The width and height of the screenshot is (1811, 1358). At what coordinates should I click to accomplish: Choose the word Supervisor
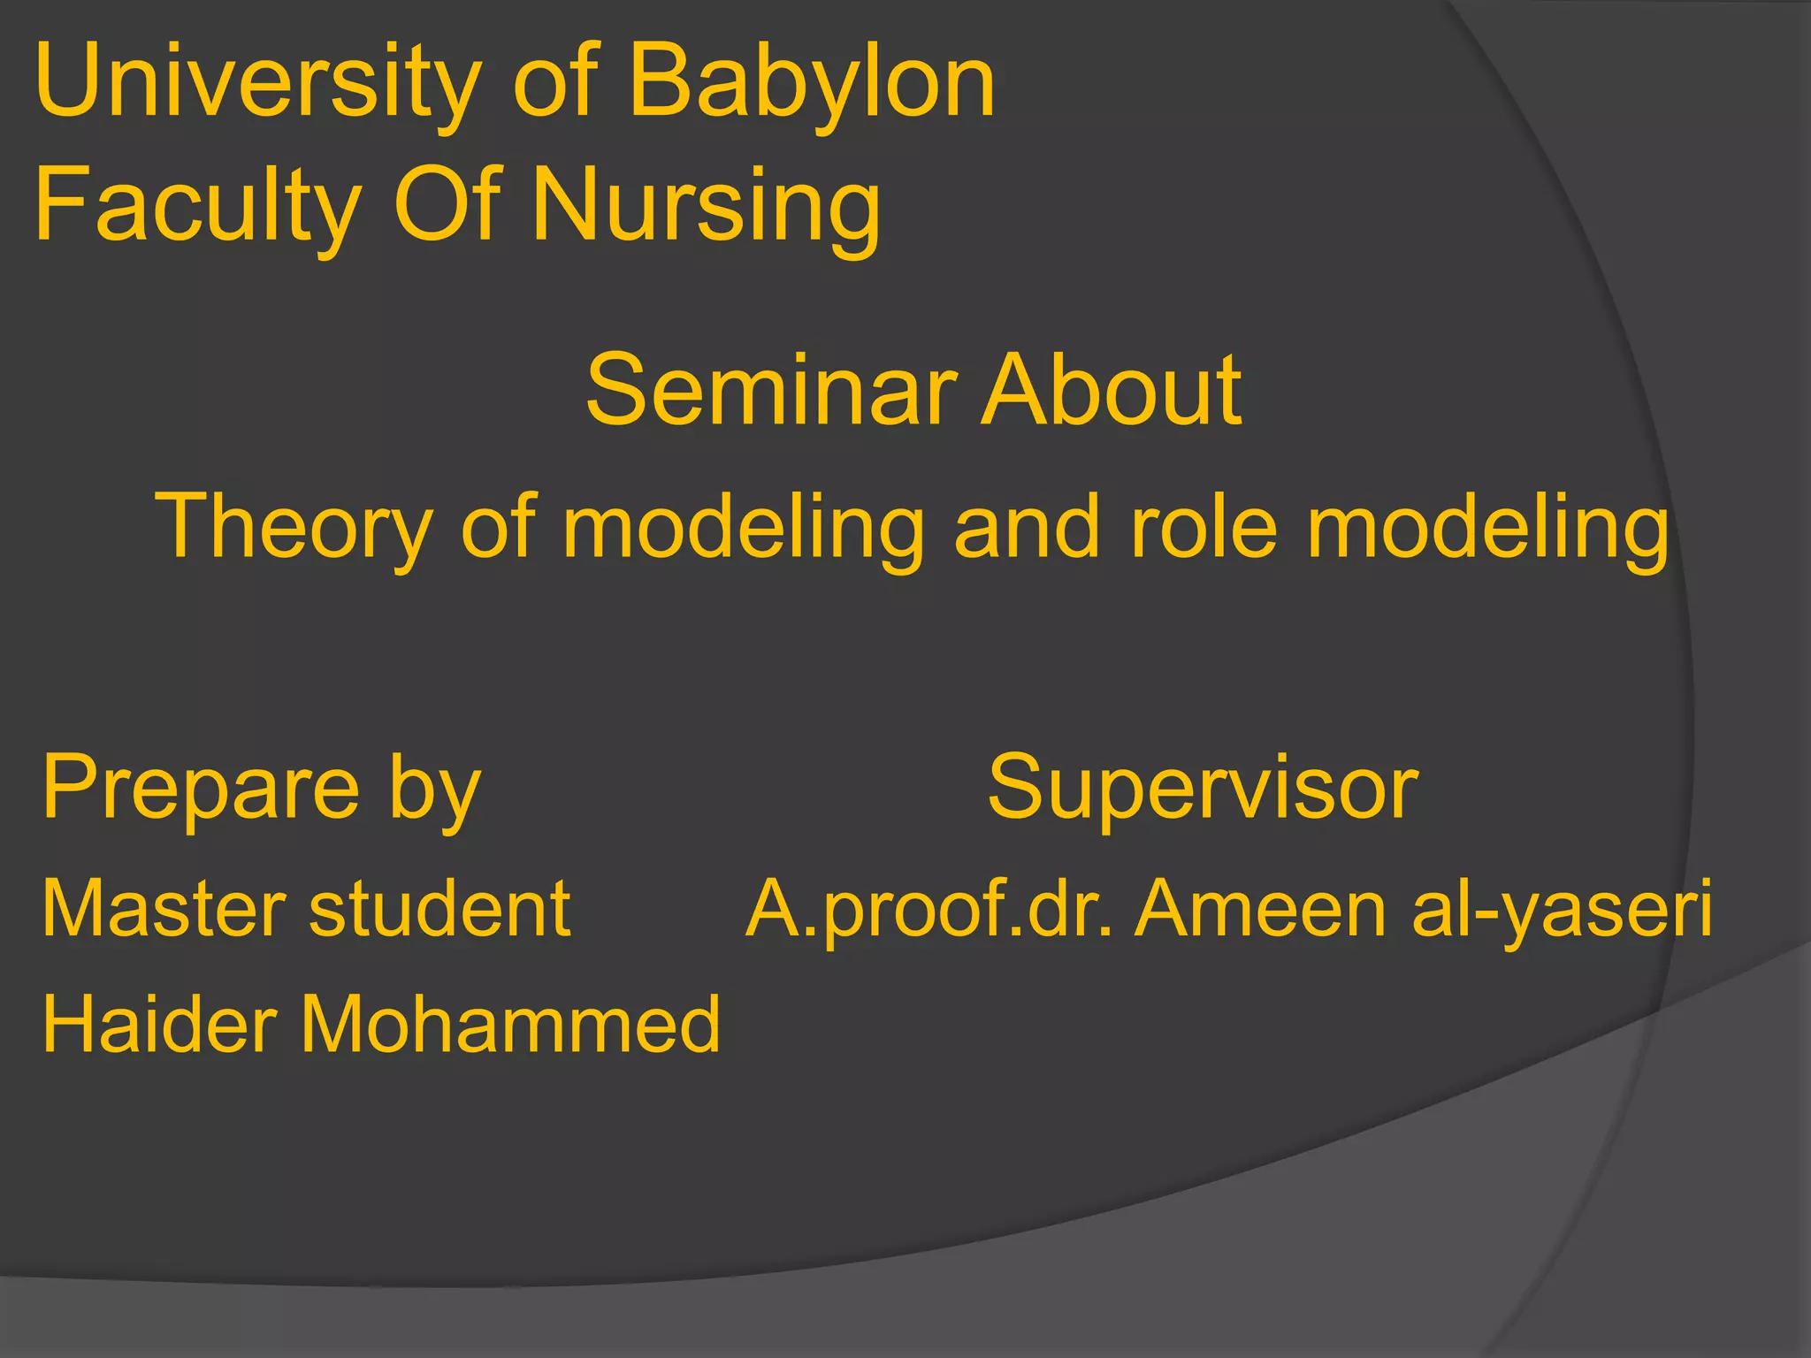point(1203,787)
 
